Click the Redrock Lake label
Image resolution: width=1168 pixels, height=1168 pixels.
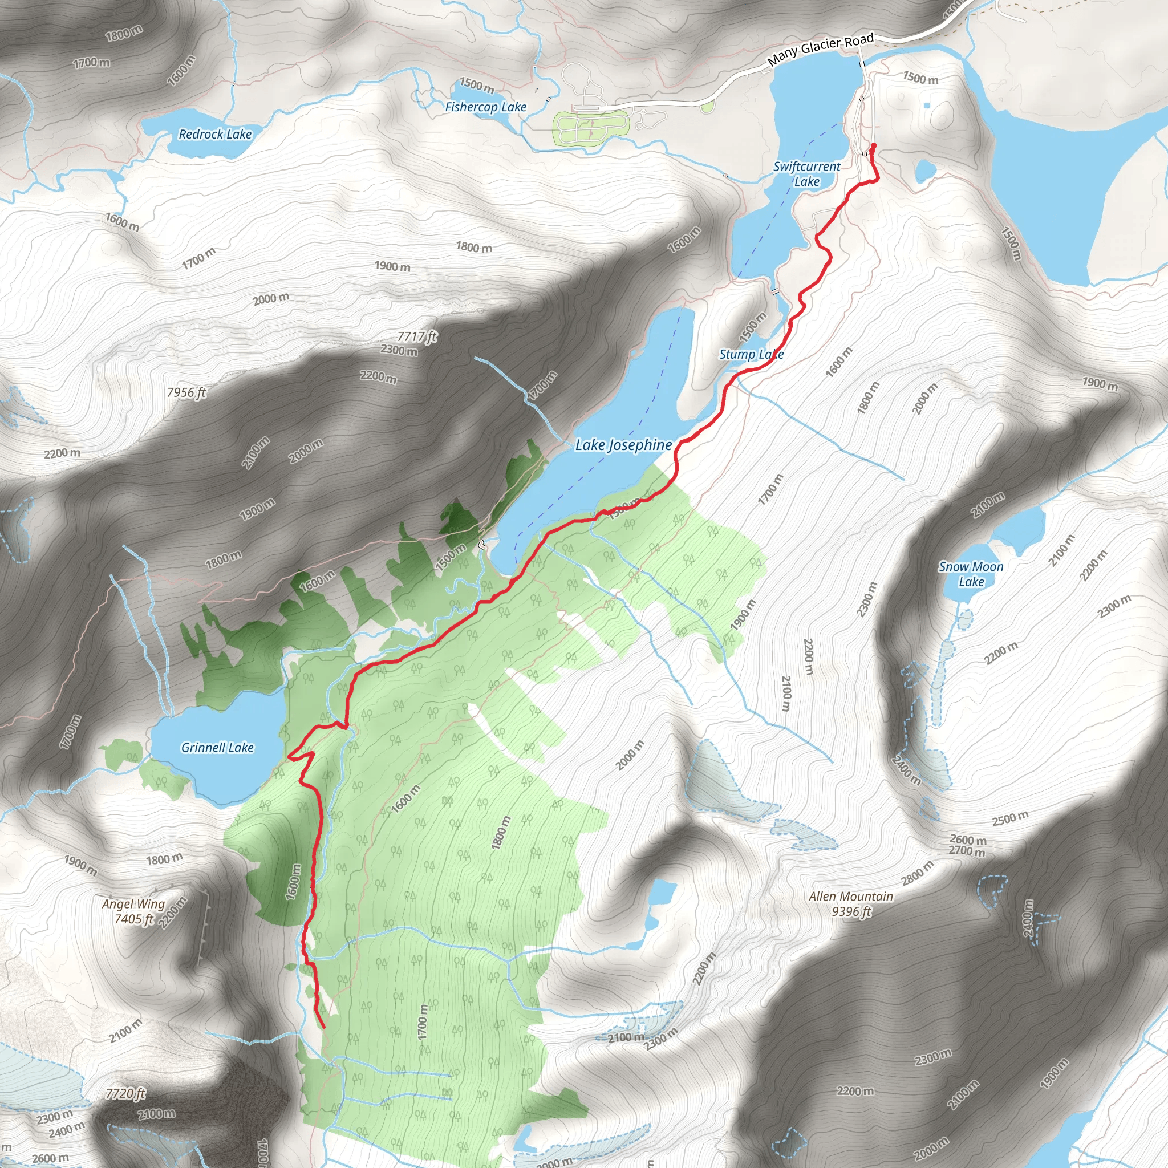(x=214, y=134)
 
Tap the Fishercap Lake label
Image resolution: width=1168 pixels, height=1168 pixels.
(x=485, y=107)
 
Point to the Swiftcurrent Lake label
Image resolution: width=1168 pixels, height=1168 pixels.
(x=806, y=173)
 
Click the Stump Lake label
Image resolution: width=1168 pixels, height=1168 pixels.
(x=751, y=354)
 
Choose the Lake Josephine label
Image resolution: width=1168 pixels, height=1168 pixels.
(x=623, y=445)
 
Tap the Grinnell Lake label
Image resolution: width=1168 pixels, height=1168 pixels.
(x=217, y=747)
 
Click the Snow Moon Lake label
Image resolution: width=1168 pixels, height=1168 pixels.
(x=970, y=574)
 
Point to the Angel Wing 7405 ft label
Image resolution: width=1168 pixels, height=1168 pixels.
(x=133, y=910)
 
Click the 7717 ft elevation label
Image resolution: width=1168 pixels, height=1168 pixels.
(x=416, y=336)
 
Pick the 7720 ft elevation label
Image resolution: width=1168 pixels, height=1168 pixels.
(x=125, y=1093)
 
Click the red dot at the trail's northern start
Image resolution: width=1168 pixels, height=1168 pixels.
(x=873, y=145)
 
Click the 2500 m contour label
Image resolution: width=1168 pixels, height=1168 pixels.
(x=1009, y=818)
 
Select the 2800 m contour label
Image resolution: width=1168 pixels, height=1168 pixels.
(x=917, y=873)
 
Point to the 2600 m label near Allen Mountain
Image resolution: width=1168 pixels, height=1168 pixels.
(x=968, y=839)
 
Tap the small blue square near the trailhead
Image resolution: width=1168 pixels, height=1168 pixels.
(x=927, y=106)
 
